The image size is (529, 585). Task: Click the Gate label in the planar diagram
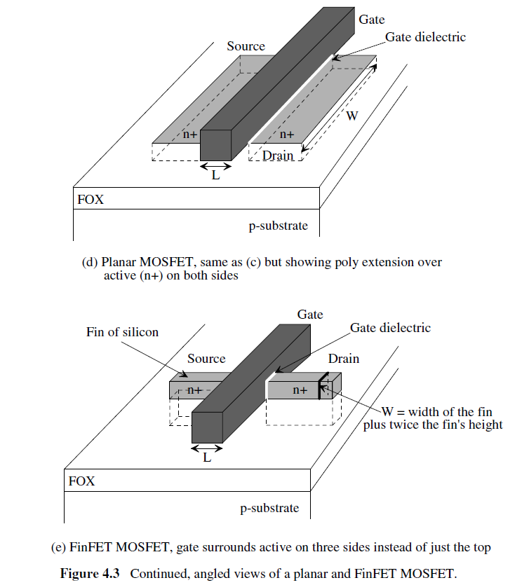(x=372, y=20)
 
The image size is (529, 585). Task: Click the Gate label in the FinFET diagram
(x=310, y=315)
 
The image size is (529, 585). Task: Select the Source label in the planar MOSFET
(x=246, y=46)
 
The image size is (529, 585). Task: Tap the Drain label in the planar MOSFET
(x=278, y=156)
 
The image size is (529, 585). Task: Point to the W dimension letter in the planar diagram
(x=352, y=116)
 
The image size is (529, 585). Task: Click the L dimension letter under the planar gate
(x=216, y=177)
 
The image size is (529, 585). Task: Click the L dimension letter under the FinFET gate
(x=207, y=458)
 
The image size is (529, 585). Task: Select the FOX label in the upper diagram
(x=91, y=200)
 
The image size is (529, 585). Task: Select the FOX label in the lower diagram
(x=81, y=481)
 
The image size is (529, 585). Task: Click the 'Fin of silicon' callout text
(x=123, y=331)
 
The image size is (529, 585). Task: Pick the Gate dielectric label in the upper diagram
(x=425, y=37)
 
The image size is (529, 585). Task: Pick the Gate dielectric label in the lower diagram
(x=390, y=328)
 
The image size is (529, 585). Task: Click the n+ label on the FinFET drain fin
(x=300, y=391)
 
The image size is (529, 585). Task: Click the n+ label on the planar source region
(x=190, y=135)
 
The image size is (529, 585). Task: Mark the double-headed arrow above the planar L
(x=216, y=167)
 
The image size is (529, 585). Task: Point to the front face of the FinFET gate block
(x=208, y=427)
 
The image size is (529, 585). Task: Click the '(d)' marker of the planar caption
(x=91, y=262)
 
